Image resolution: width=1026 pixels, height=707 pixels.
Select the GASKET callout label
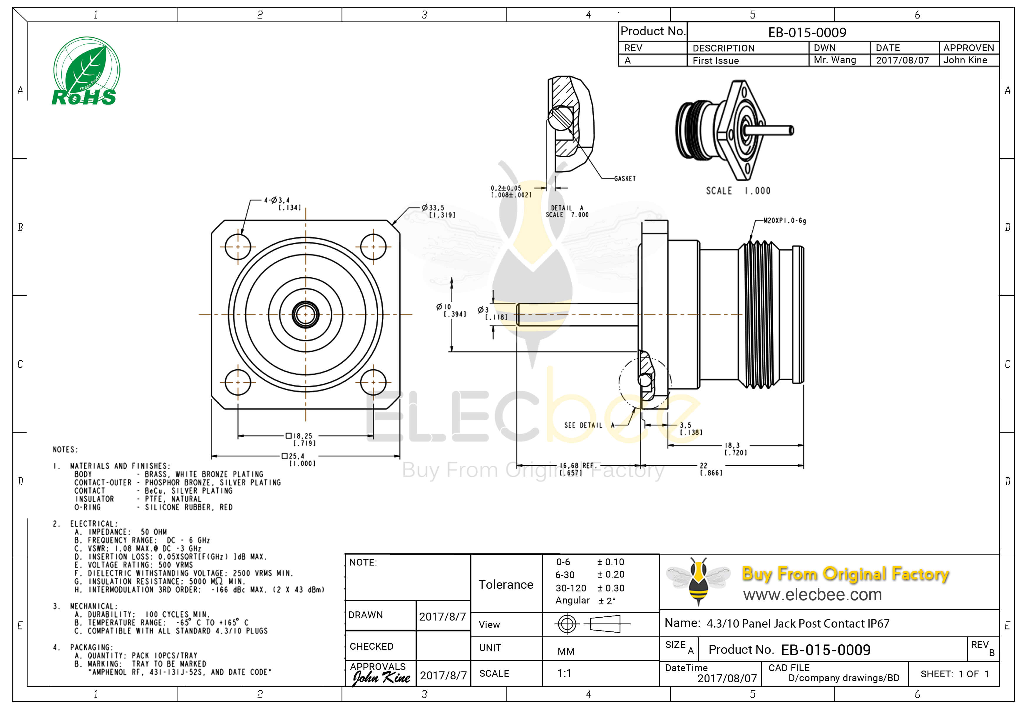(625, 179)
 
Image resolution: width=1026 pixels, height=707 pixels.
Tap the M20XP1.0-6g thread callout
(784, 221)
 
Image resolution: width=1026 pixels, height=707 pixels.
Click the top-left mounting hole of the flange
(238, 247)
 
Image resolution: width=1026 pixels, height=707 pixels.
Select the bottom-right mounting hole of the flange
(373, 382)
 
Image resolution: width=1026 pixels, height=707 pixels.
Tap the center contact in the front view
(305, 314)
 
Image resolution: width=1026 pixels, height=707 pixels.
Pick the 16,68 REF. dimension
(576, 469)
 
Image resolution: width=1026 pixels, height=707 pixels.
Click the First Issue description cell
(715, 61)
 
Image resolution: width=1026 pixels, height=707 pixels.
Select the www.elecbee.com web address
(812, 594)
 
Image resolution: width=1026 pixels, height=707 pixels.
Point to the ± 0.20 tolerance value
(610, 575)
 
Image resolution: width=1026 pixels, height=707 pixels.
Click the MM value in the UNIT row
(566, 651)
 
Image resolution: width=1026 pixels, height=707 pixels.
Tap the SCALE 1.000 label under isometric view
(738, 191)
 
